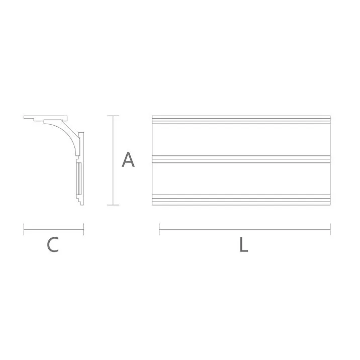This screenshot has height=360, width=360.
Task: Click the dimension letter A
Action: tap(128, 160)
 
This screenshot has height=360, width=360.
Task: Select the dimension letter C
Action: tap(53, 245)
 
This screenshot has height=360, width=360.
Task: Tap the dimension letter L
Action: tap(243, 245)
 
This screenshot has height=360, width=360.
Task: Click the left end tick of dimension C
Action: tap(24, 229)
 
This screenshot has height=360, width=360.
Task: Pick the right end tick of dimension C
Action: tap(83, 229)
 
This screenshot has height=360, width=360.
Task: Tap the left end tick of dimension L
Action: tap(159, 229)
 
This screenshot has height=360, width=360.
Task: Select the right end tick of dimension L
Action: tap(330, 229)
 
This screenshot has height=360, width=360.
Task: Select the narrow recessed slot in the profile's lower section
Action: tap(78, 178)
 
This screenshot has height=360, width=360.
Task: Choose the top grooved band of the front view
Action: tap(241, 120)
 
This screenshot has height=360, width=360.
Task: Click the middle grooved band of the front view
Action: tap(241, 159)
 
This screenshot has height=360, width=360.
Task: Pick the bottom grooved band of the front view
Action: tap(241, 200)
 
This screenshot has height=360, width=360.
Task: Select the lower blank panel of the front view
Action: tap(241, 178)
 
